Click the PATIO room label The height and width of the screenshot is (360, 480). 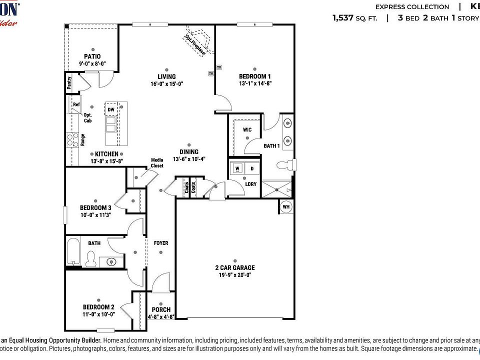(x=92, y=56)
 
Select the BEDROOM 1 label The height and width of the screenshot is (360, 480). (x=255, y=76)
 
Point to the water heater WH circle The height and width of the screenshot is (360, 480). (x=286, y=206)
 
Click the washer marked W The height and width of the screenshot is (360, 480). (x=237, y=168)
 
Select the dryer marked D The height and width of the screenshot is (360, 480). (x=252, y=168)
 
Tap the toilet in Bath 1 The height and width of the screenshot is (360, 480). (x=285, y=164)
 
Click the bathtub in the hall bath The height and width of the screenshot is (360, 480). (x=73, y=252)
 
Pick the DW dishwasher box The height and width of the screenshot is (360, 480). (x=111, y=109)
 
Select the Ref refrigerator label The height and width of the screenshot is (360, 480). (x=76, y=104)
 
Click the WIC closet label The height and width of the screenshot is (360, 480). (x=247, y=130)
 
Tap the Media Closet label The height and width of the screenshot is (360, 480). (x=157, y=162)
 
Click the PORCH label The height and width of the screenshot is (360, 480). (x=161, y=309)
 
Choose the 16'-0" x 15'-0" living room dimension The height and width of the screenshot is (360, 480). (x=167, y=84)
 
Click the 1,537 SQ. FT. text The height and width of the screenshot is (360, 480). (x=355, y=18)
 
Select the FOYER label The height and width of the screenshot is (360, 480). (x=161, y=243)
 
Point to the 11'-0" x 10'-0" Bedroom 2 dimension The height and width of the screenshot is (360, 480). (x=99, y=314)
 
